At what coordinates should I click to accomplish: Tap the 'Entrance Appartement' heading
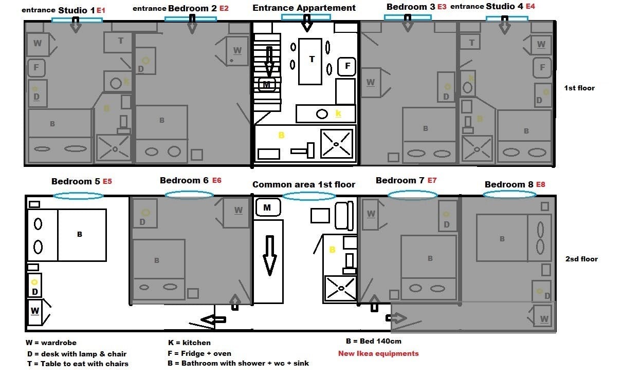pos(304,8)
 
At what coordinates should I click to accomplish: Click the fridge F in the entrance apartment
pos(347,66)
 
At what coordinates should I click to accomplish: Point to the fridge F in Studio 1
pos(36,67)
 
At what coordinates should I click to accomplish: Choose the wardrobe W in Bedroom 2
pos(237,50)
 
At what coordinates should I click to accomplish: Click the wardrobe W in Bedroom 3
pos(371,82)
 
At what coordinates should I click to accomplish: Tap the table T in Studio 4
pos(471,43)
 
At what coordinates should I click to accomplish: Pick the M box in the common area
pos(267,207)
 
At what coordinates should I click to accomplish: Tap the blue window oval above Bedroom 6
pos(189,195)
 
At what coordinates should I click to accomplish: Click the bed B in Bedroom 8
pos(502,238)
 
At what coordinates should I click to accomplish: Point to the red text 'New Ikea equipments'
pos(378,353)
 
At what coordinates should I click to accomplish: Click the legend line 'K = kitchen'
pos(189,343)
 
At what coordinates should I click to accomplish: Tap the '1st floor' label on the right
pos(579,88)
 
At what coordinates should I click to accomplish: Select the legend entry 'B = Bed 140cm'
pos(373,341)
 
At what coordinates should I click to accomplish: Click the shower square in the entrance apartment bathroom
pos(337,144)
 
